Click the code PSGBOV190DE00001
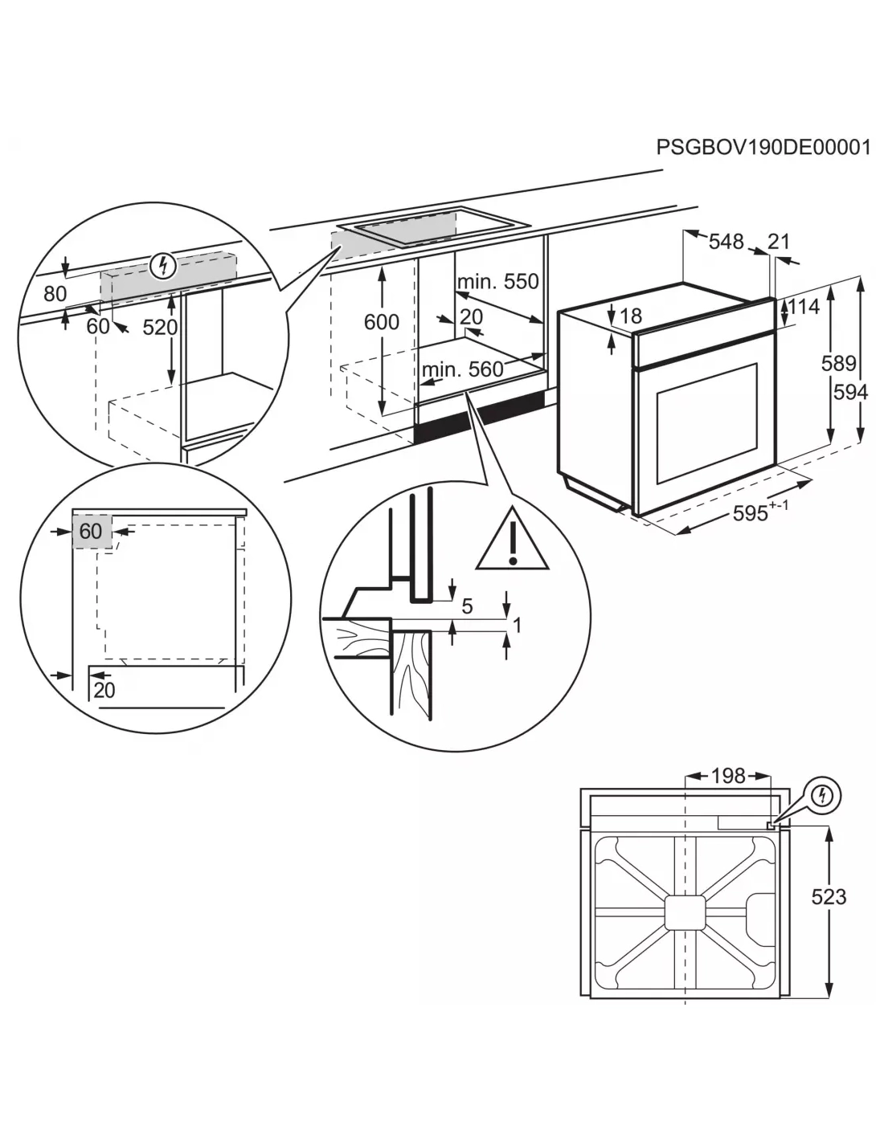coord(763,148)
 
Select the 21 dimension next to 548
coord(779,241)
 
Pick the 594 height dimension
coord(851,391)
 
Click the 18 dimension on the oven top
coord(631,316)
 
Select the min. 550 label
coord(497,282)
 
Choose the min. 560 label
coord(463,369)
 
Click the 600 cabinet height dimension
coord(381,322)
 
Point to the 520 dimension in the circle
coord(160,327)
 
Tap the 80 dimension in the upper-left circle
coord(55,294)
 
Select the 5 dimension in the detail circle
coord(467,606)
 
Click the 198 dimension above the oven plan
coord(728,776)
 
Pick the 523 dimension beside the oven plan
coord(828,895)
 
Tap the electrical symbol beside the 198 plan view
coord(821,796)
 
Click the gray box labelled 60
coord(92,532)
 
